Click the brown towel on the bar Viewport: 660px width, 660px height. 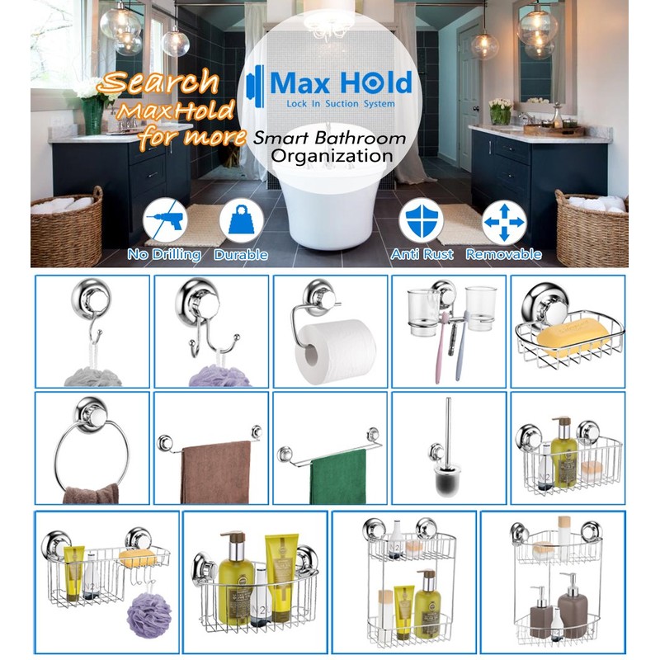215,472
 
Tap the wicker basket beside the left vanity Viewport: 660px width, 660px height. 67,227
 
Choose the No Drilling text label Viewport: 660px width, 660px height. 164,255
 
